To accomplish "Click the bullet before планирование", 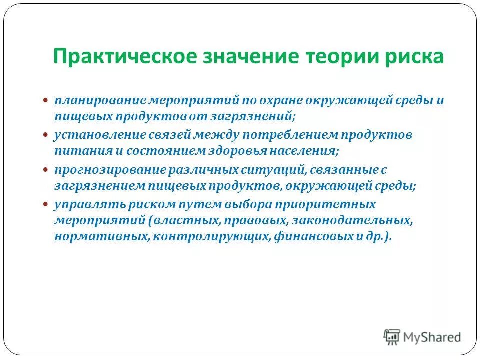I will point(45,100).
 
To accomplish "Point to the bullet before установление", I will point(45,135).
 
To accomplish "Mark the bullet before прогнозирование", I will point(45,170).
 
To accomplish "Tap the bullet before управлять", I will point(45,204).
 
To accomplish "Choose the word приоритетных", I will point(333,204).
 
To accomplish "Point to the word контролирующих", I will point(212,237).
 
